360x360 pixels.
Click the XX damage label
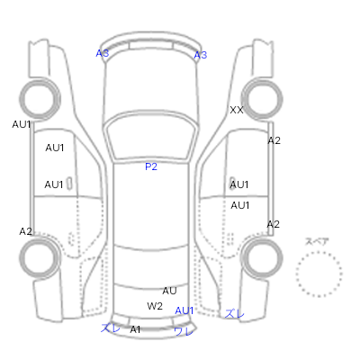click(237, 110)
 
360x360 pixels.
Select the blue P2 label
click(151, 166)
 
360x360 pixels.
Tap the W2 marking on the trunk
click(155, 306)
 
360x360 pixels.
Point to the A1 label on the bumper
click(135, 329)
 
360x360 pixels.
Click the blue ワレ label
click(183, 331)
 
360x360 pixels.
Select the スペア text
click(317, 241)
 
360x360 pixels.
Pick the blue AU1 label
click(184, 310)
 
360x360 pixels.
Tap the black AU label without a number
click(169, 291)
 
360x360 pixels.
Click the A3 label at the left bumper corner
click(103, 53)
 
